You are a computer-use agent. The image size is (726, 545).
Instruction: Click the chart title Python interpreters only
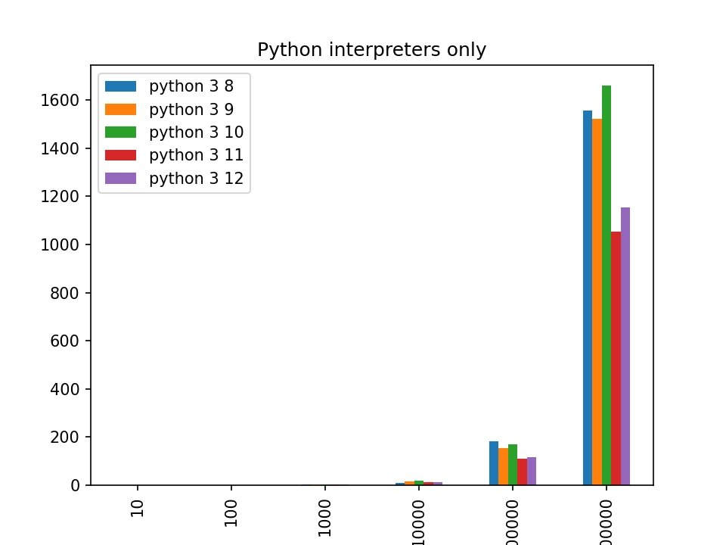(x=371, y=50)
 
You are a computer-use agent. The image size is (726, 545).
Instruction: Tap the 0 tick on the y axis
(x=76, y=485)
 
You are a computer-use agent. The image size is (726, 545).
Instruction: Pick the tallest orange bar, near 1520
(x=597, y=302)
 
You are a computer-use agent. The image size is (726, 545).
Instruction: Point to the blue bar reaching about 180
(x=494, y=463)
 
